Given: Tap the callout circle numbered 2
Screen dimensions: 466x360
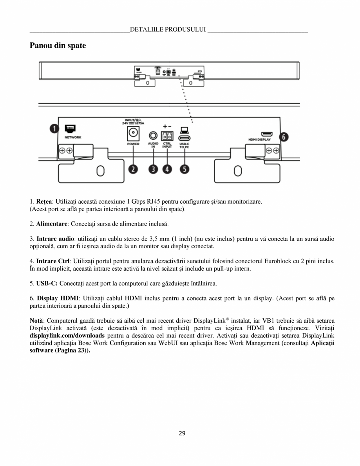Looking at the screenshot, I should (x=134, y=169).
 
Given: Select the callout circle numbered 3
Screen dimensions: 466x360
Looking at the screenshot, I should (x=153, y=169).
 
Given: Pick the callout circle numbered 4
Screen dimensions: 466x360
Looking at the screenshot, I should (x=167, y=169).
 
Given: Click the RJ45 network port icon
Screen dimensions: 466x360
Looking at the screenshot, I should (x=71, y=128).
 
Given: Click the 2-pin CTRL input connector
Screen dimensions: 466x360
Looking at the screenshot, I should (x=167, y=136).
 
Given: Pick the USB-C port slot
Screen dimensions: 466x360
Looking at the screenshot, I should (x=185, y=138).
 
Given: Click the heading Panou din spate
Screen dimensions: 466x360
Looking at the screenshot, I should (x=58, y=46).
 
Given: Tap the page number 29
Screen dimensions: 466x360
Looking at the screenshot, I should (x=182, y=433).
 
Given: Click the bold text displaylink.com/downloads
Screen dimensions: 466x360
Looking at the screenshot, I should (x=67, y=336).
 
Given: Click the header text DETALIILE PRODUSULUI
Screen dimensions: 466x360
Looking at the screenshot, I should (x=168, y=29).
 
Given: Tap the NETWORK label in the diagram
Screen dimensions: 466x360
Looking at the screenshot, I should (x=72, y=137).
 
